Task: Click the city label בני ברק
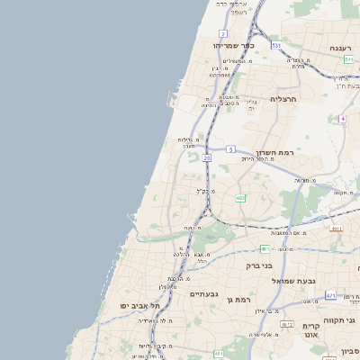coord(259,265)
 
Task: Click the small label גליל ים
coord(252,103)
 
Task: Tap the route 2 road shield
coord(223,32)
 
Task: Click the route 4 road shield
coord(343,118)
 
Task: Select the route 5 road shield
coord(231,148)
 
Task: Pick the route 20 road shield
coord(206,157)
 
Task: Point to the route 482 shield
coord(240,198)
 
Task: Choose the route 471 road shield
coord(331,295)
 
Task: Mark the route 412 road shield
coord(287,324)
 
